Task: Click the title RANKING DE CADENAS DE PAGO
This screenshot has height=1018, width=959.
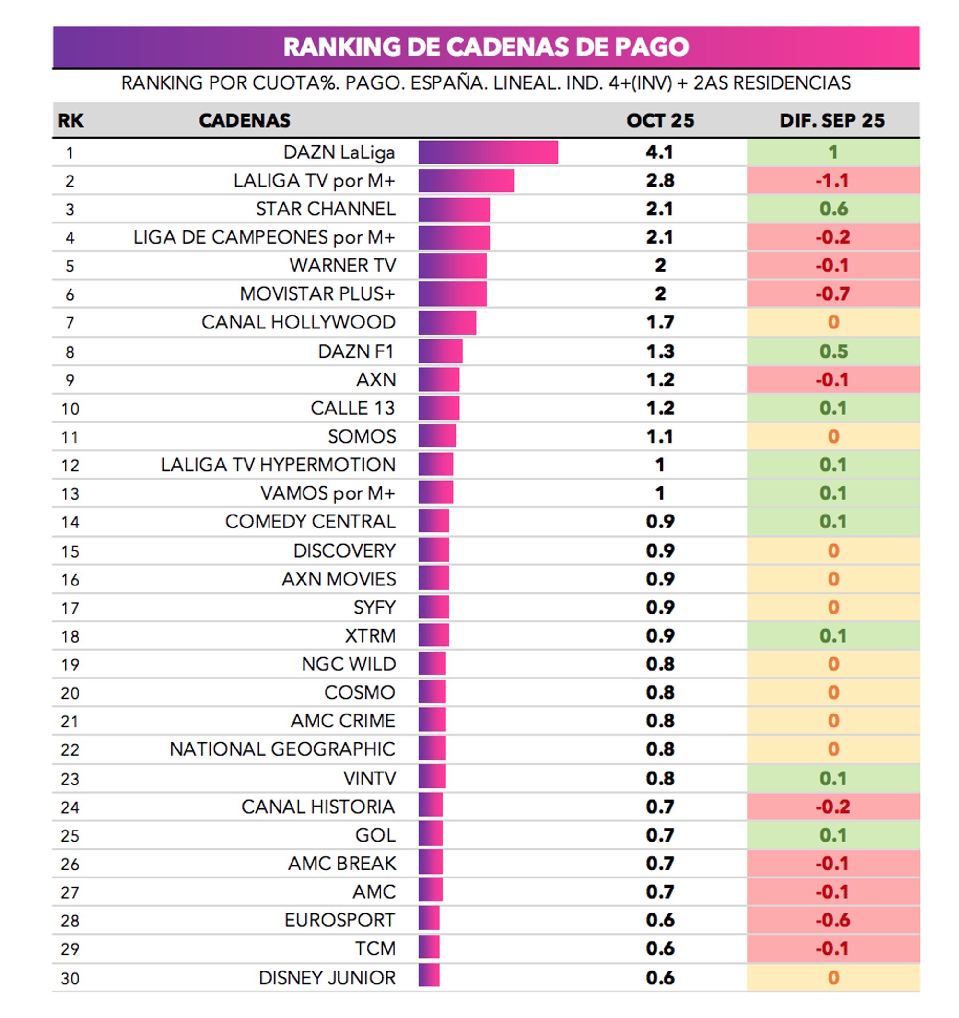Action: (x=485, y=47)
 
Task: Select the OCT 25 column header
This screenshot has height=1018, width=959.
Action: (x=659, y=120)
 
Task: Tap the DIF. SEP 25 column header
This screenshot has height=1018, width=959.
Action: (x=831, y=120)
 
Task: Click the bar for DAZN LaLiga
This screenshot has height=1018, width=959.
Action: (x=488, y=152)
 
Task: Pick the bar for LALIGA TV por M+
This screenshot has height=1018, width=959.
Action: (x=466, y=181)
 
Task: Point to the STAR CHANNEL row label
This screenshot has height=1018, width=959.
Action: (x=325, y=209)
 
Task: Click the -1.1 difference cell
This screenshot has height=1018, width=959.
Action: (x=832, y=181)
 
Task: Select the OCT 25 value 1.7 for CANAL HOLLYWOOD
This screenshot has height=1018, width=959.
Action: (x=659, y=322)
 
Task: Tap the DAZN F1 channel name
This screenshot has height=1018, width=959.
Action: (x=355, y=351)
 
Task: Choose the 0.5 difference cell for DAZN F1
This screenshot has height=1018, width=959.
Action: (x=833, y=351)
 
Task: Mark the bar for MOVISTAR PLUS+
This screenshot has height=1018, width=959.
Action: (x=452, y=294)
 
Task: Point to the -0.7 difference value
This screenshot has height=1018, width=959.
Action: (x=832, y=294)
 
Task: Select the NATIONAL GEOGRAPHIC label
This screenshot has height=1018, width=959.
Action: (x=282, y=749)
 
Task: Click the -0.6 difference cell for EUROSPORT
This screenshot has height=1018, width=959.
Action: (x=832, y=920)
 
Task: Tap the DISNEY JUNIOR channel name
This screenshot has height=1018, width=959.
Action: (x=327, y=978)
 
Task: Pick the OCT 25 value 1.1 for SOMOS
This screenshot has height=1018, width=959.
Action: (x=659, y=436)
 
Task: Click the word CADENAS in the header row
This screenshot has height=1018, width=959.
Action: (x=244, y=120)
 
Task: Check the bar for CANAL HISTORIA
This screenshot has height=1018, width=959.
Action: (x=430, y=807)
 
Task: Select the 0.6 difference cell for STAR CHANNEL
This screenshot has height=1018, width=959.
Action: (x=833, y=209)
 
